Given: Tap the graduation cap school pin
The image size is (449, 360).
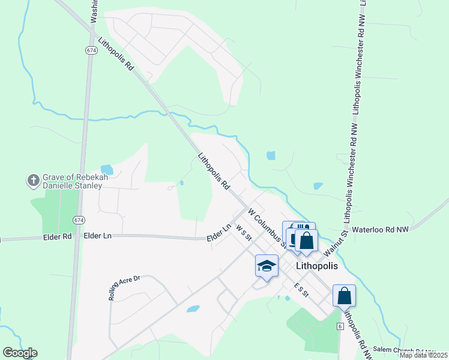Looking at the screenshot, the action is [x=267, y=265].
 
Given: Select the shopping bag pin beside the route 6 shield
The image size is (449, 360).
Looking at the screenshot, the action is [x=345, y=296].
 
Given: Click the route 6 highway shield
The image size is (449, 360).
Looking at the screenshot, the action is [x=339, y=326].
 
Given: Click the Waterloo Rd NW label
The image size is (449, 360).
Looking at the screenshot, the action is [x=380, y=229].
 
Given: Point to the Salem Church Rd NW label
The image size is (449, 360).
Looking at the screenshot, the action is [x=404, y=350].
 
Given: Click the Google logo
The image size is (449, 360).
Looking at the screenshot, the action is [x=19, y=353].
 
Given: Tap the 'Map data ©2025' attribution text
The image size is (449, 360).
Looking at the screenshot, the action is [x=424, y=355].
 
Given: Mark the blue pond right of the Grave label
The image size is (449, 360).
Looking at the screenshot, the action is [x=107, y=169].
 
